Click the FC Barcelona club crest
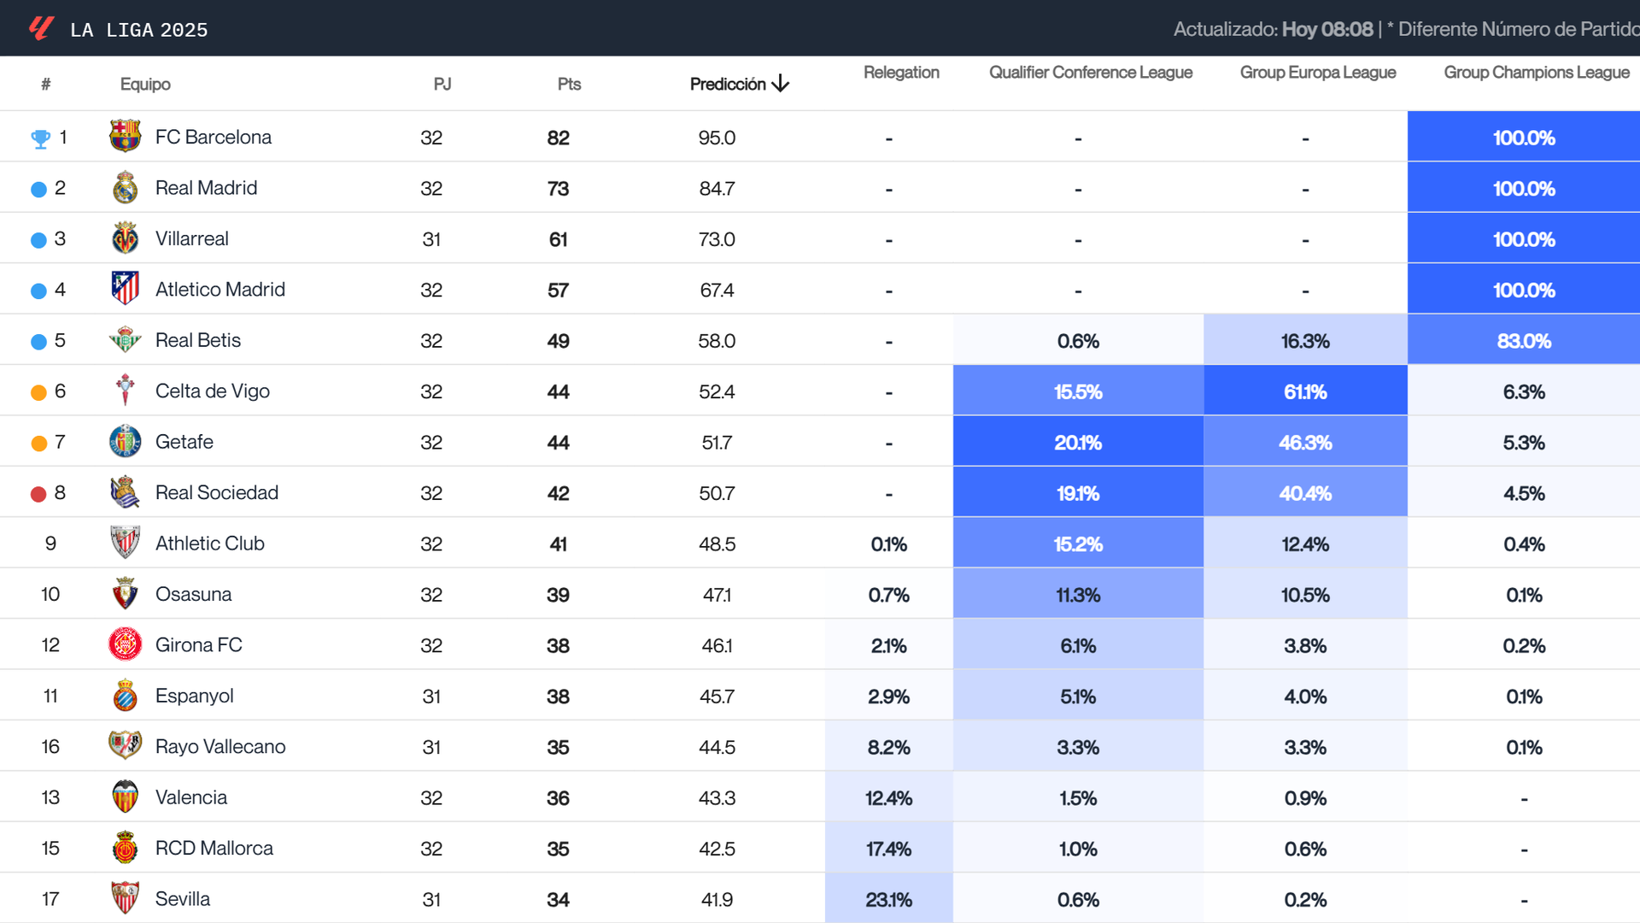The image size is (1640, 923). (x=125, y=137)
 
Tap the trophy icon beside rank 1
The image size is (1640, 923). (x=40, y=138)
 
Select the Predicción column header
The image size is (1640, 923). (x=727, y=84)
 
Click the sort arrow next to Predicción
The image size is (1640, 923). (x=781, y=84)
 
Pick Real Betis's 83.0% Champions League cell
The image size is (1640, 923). (x=1523, y=341)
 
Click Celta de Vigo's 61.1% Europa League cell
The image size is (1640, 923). (x=1304, y=391)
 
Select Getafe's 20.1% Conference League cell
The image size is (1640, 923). (x=1077, y=443)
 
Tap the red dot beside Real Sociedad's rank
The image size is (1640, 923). (x=38, y=494)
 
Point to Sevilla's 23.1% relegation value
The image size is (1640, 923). (x=888, y=900)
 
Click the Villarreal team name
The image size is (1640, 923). (x=191, y=239)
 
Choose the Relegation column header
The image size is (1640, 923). (x=900, y=73)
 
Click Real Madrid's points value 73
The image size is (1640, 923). (x=558, y=189)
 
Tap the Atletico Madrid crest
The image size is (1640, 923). (x=125, y=289)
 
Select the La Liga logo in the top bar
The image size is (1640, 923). (x=41, y=28)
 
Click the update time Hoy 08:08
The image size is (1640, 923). (x=1327, y=29)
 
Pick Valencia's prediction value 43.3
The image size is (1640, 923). (x=717, y=798)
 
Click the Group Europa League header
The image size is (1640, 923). (x=1317, y=73)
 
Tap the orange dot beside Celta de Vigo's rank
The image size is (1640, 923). (x=38, y=392)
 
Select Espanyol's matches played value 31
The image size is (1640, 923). (x=431, y=697)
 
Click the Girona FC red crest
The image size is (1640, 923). (x=125, y=644)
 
